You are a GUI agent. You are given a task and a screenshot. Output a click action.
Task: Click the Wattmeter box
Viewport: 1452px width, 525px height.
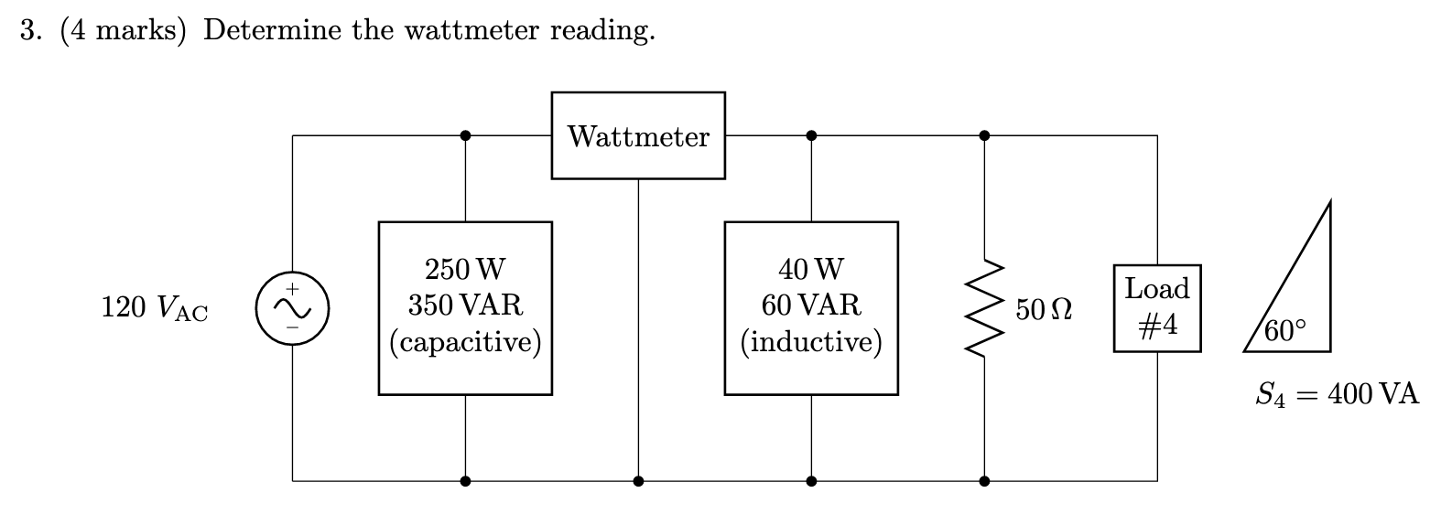tap(638, 135)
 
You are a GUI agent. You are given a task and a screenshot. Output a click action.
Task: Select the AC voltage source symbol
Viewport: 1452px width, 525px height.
tap(292, 308)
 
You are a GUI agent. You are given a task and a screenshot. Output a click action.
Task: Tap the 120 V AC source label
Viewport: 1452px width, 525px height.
tap(155, 309)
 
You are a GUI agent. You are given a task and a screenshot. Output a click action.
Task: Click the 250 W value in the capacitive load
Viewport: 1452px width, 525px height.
tap(465, 270)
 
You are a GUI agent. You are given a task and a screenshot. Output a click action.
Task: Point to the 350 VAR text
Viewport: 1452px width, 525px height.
tap(465, 305)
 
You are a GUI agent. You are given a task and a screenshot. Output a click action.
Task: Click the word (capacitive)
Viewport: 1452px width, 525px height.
tap(465, 342)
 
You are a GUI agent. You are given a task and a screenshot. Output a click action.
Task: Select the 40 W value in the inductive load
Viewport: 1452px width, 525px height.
tap(811, 270)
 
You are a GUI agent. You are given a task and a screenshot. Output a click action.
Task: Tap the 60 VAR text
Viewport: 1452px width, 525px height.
tap(811, 305)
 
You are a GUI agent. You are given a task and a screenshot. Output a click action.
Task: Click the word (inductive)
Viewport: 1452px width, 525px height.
tap(811, 342)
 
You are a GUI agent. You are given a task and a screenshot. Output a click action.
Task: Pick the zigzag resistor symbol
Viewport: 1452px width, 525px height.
tap(984, 308)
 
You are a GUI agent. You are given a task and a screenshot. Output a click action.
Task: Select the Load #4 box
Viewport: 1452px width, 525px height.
tap(1157, 308)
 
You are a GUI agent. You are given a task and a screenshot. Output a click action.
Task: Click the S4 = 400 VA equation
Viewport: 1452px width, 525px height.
tap(1337, 395)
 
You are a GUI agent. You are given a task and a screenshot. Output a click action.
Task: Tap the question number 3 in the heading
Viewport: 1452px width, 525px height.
tap(30, 31)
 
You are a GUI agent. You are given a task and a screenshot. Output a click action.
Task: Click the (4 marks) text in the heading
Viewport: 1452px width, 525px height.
tap(124, 31)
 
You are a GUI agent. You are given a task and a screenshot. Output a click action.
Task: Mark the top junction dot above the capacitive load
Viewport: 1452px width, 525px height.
tap(465, 135)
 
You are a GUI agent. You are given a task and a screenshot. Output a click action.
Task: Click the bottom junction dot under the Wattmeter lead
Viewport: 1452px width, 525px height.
tap(638, 480)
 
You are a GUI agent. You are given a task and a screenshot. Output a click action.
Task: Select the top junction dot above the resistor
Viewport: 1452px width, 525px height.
tap(984, 135)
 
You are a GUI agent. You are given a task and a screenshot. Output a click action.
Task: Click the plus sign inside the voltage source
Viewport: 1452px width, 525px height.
tap(292, 288)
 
